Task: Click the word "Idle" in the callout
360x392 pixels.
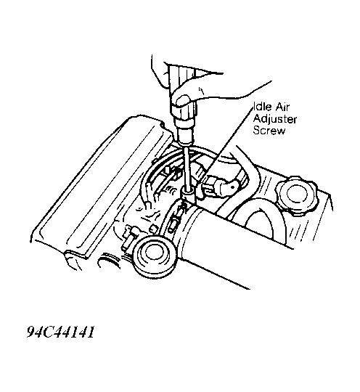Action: coord(262,107)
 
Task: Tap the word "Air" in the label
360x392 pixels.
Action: coord(282,107)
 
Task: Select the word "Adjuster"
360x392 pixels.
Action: coord(275,119)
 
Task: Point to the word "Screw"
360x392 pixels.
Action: coord(269,130)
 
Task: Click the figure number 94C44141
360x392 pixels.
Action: coord(61,332)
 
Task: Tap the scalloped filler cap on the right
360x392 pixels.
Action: coord(297,195)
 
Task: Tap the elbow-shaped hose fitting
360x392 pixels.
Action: coord(220,187)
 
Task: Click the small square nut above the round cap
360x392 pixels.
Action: coord(153,229)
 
